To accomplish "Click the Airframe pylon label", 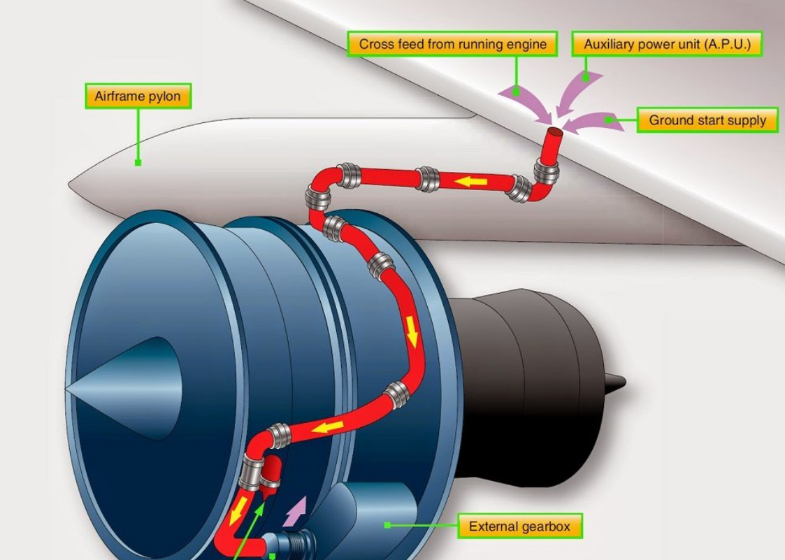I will [x=138, y=96].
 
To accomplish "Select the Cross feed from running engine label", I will [x=452, y=44].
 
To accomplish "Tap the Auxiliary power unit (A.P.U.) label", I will [x=667, y=44].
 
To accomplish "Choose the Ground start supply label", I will [x=707, y=120].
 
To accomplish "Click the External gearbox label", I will [x=519, y=526].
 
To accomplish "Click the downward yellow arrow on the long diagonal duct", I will [x=412, y=333].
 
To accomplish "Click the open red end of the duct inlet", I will [x=555, y=132].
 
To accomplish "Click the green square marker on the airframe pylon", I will [x=138, y=163].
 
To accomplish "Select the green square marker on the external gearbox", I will [x=387, y=525].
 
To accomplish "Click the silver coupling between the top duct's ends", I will [x=427, y=179].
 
